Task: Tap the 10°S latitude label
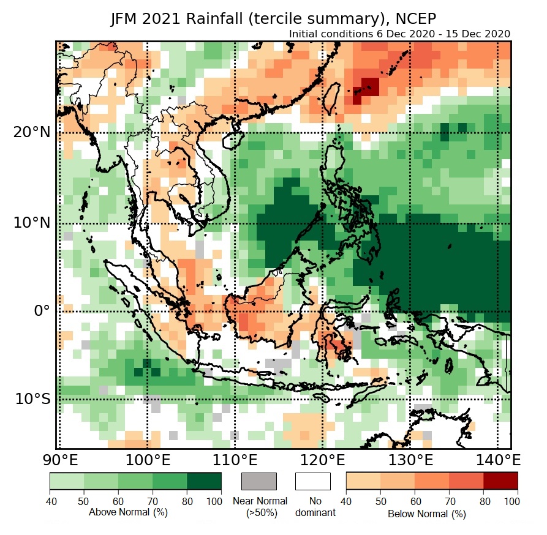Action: pos(32,399)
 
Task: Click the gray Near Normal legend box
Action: pos(259,481)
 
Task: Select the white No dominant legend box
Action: pos(312,481)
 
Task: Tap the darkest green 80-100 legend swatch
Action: pos(204,481)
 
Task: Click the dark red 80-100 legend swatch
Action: pos(500,481)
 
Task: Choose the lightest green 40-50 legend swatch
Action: pos(66,481)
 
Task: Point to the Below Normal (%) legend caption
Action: pos(427,514)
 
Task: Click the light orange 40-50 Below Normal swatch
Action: pos(363,481)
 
